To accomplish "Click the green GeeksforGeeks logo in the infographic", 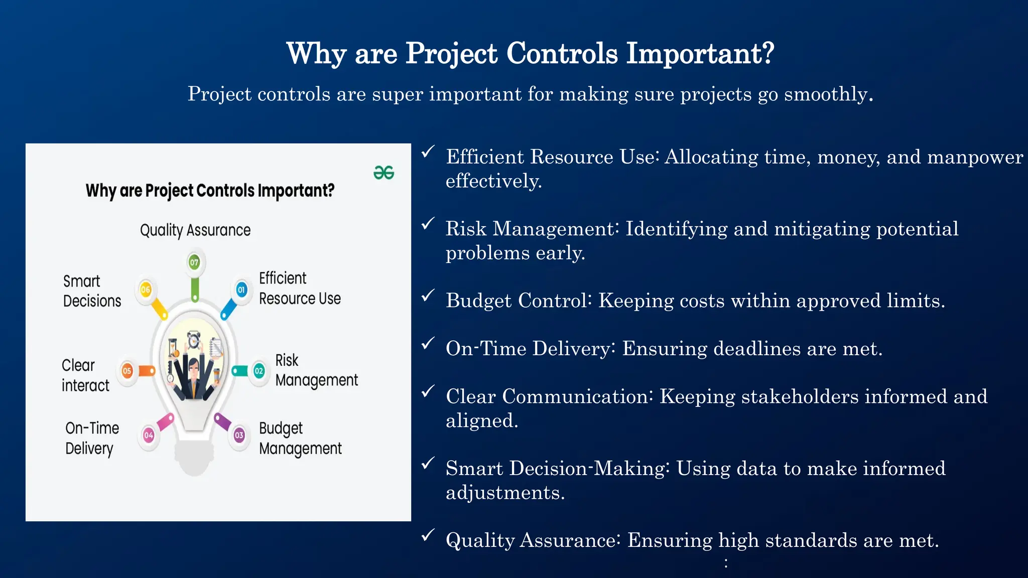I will (x=384, y=173).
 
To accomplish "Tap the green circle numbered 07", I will (x=194, y=262).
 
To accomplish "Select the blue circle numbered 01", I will (x=241, y=290).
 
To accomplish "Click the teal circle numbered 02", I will (x=259, y=371).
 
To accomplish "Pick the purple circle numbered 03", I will (x=239, y=435).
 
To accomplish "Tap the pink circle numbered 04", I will (x=149, y=435).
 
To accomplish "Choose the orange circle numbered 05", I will (x=127, y=371).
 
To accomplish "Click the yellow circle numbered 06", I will (x=146, y=290).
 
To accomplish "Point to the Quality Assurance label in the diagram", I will (x=195, y=230).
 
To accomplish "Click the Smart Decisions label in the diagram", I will (x=92, y=291).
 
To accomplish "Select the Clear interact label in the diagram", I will (x=85, y=375).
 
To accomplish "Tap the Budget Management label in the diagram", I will (x=300, y=439).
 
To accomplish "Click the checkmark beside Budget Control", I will (x=428, y=296).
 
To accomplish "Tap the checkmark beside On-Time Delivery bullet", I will (x=428, y=344).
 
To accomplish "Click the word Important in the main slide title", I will (x=700, y=53).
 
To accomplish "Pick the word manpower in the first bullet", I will (x=974, y=157).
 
